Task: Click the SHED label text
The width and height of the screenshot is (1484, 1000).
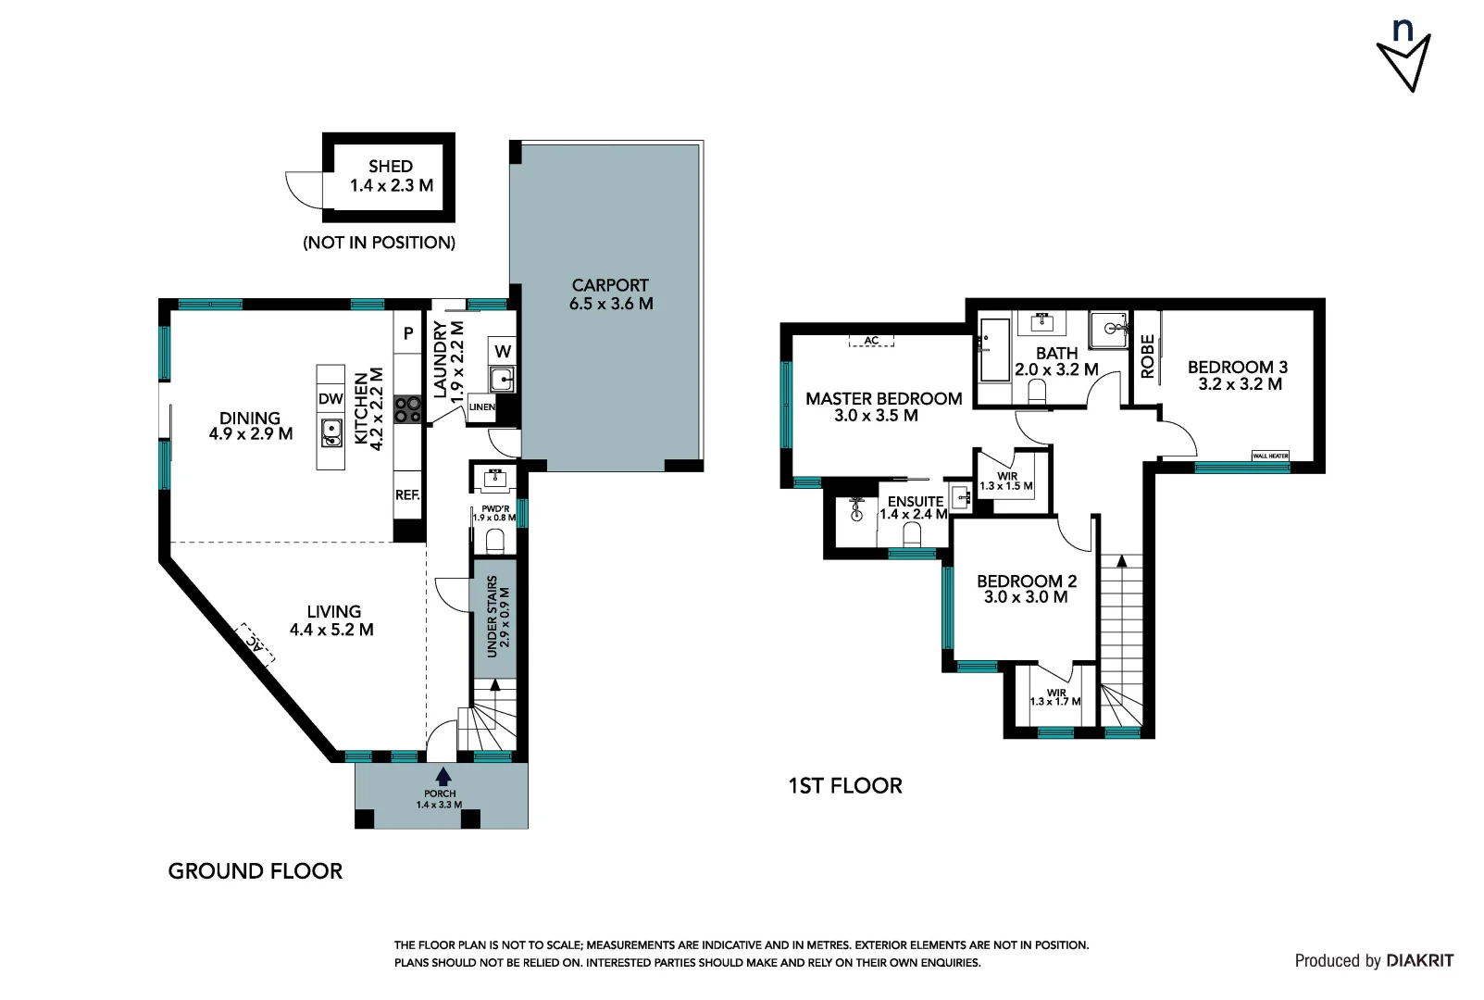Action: tap(390, 167)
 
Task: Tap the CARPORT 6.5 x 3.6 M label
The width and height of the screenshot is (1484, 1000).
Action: tap(610, 294)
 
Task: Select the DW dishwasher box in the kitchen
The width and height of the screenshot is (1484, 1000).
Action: tap(330, 399)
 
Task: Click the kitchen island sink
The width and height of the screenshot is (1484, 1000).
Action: tap(331, 432)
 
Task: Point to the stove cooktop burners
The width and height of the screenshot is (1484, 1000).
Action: tap(407, 409)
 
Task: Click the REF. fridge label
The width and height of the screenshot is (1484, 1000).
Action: tap(407, 495)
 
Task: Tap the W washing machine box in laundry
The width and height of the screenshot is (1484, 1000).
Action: tap(503, 351)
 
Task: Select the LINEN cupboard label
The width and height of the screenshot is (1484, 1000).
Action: tap(481, 407)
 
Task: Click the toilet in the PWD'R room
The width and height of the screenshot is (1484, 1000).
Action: tap(495, 540)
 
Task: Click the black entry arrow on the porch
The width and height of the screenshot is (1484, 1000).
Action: tap(443, 776)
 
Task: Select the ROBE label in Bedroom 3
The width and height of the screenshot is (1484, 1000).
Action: tap(1147, 356)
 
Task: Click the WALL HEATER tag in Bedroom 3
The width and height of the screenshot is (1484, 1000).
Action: tap(1270, 456)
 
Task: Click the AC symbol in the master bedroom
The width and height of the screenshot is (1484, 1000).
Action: tap(871, 341)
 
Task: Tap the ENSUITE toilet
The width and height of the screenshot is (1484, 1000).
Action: tap(912, 534)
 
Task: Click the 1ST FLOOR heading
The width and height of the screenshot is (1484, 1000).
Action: tap(844, 786)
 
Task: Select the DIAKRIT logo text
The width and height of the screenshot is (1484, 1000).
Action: tap(1420, 961)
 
